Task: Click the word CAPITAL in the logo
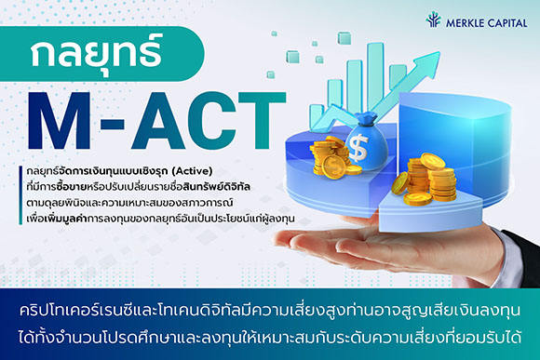point(506,20)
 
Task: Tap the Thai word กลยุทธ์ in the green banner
point(95,58)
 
